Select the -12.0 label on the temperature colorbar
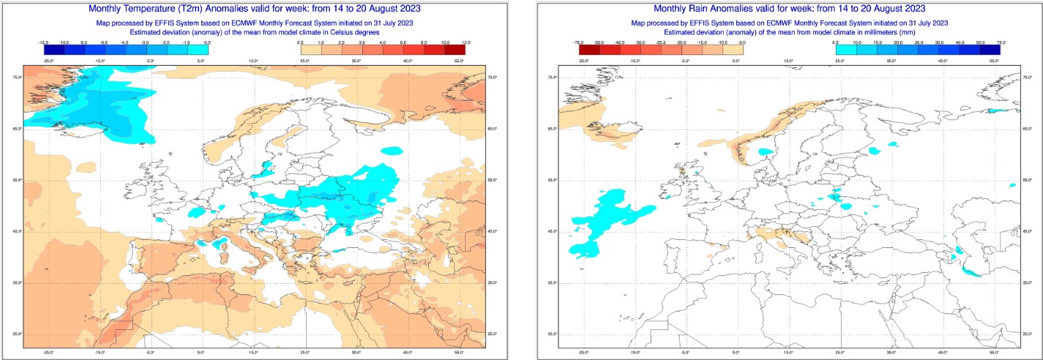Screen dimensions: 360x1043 [x=43, y=43]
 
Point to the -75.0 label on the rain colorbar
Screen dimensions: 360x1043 [x=578, y=43]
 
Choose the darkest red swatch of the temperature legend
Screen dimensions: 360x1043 [x=454, y=50]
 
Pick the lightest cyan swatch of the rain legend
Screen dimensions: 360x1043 [x=825, y=50]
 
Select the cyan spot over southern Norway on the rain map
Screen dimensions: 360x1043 [x=766, y=152]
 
